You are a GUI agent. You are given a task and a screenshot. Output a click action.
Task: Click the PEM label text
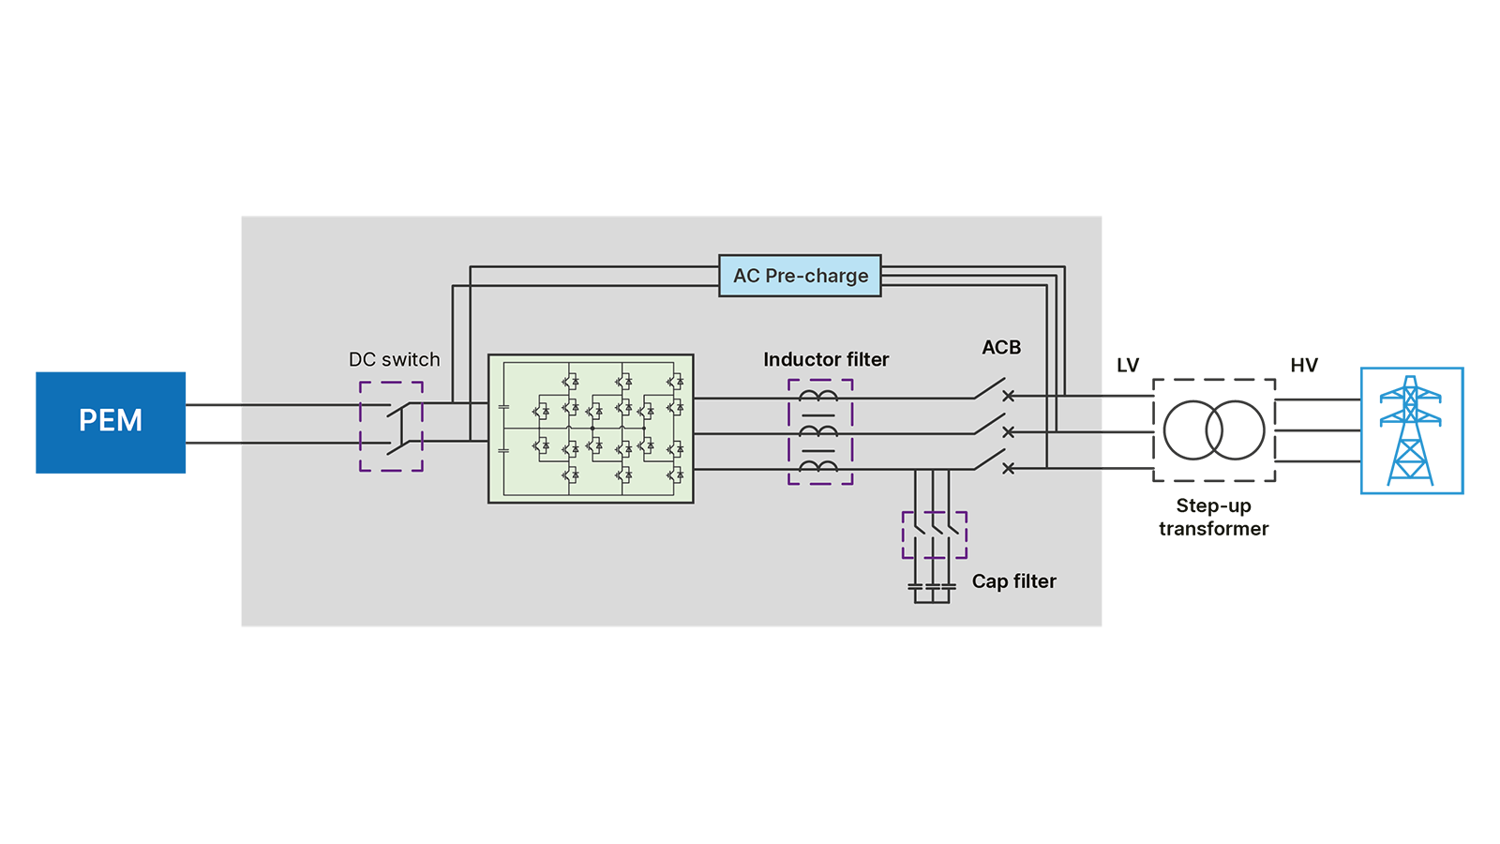point(111,420)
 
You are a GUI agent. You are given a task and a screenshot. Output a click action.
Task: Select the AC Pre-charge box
point(800,276)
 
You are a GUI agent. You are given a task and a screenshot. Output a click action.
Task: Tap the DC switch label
point(394,360)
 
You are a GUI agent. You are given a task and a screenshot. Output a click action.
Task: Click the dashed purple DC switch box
point(392,426)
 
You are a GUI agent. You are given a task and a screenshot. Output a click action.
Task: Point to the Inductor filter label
point(826,360)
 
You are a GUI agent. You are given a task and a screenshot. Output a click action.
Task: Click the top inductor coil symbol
point(818,397)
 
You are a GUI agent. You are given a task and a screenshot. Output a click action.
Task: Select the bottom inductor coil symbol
point(818,466)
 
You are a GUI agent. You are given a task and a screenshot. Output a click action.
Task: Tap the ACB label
point(1001,348)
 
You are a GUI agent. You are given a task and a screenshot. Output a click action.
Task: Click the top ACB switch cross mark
point(1009,397)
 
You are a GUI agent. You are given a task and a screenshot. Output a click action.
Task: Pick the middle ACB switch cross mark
point(1009,432)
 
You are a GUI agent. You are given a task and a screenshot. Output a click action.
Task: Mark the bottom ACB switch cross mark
point(1009,468)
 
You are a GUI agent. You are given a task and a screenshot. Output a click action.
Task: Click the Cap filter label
point(1013,581)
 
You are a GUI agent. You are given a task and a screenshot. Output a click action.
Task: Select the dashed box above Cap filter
point(934,535)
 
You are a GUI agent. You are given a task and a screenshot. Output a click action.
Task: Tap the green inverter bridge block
point(591,429)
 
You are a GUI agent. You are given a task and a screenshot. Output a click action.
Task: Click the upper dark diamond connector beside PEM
point(215,404)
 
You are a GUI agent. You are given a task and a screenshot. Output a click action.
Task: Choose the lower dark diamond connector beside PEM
point(215,444)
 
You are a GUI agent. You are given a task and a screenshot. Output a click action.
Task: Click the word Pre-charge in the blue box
point(817,276)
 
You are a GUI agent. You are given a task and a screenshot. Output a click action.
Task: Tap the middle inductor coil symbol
point(818,431)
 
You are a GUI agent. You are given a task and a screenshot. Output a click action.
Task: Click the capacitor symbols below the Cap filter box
point(932,588)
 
